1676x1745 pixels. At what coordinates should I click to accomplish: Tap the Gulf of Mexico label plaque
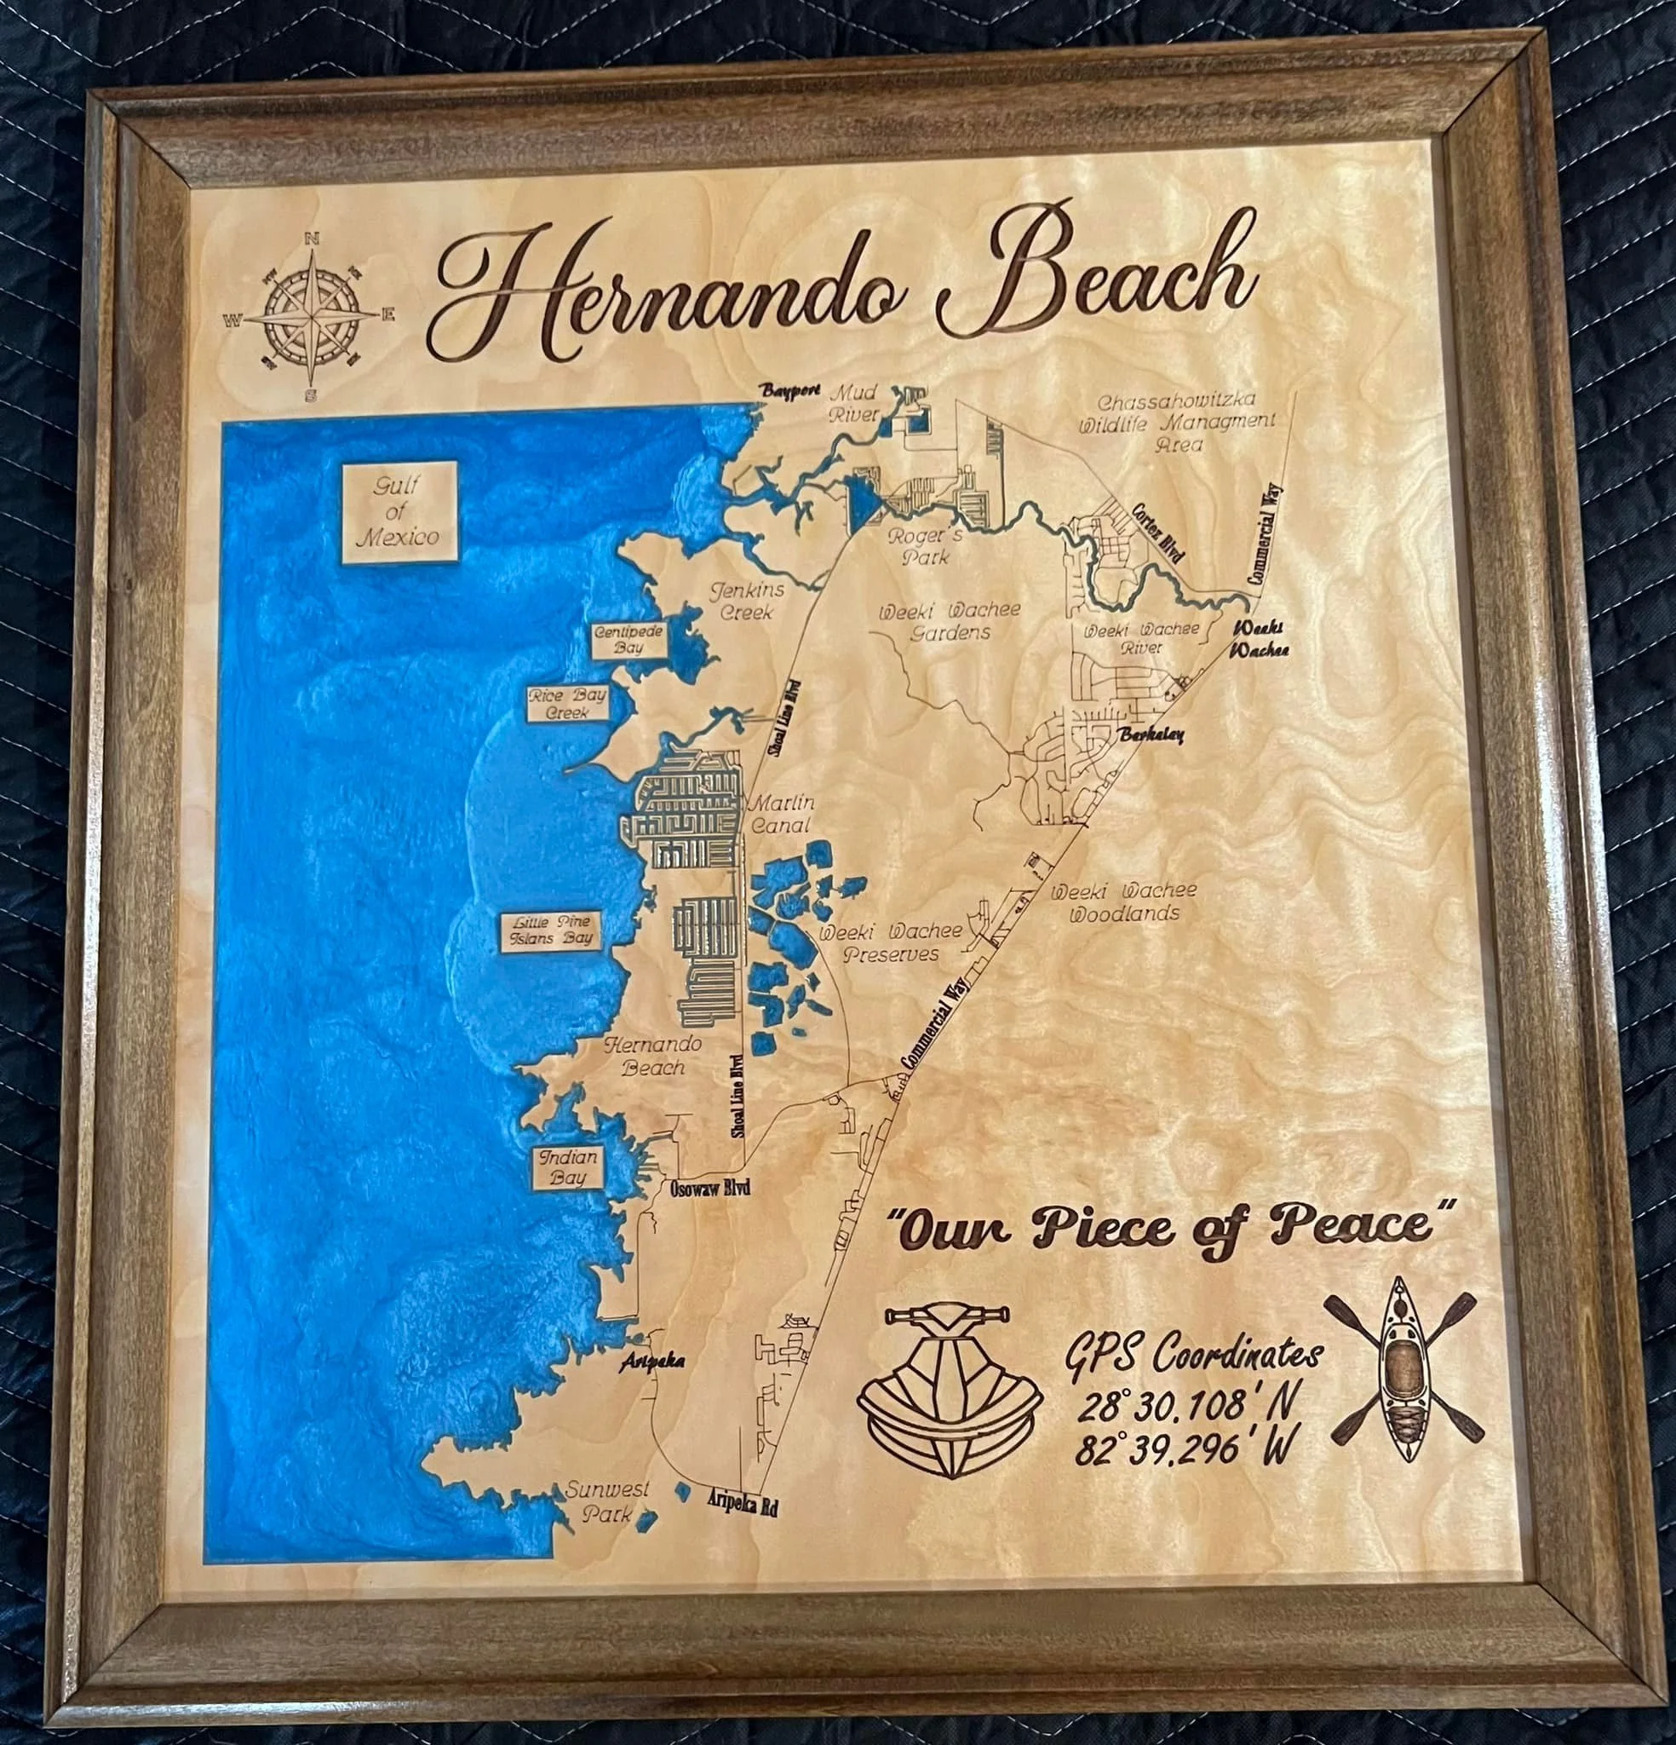[399, 512]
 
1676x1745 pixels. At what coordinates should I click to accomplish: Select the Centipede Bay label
[628, 638]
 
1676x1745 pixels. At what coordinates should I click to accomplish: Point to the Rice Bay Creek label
[568, 703]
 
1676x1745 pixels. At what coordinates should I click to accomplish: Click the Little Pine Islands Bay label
[552, 930]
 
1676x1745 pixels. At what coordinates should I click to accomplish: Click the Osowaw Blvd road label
[709, 1189]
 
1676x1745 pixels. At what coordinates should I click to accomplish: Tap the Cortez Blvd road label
[1158, 533]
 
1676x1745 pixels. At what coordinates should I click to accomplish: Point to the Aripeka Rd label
[743, 1502]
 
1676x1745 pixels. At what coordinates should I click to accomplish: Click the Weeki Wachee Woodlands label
[1124, 901]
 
